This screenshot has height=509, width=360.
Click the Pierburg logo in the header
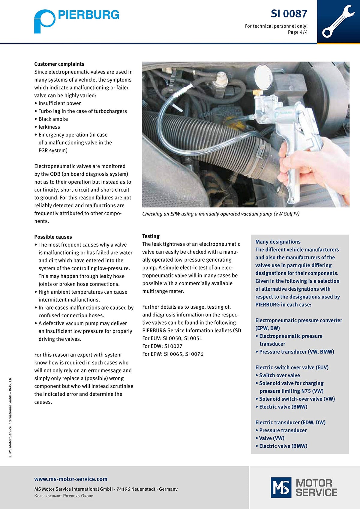tap(76, 20)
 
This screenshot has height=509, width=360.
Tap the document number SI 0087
tap(289, 14)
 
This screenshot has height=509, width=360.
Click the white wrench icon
tap(338, 21)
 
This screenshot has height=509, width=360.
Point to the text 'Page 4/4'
tap(298, 32)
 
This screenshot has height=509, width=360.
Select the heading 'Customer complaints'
tap(59, 64)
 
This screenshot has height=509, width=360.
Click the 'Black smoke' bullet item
tap(53, 119)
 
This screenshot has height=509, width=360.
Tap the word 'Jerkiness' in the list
tap(49, 127)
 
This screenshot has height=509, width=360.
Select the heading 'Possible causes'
tap(53, 237)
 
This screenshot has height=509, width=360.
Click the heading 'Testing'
tap(151, 236)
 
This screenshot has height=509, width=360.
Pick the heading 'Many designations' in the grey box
tap(278, 242)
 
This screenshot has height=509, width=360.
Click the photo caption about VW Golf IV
tap(220, 214)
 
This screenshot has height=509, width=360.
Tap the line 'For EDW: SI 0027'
tap(162, 346)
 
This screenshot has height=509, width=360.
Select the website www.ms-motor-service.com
tap(70, 479)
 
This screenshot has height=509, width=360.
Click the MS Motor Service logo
tap(304, 487)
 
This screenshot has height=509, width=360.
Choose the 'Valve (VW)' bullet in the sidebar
tap(271, 438)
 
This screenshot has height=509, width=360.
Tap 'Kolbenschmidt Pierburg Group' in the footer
tap(64, 496)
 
